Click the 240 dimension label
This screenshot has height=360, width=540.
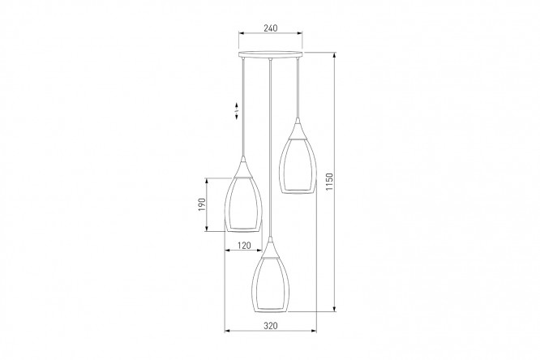(271, 28)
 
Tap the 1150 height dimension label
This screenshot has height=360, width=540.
(329, 182)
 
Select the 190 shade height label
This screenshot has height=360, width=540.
(202, 204)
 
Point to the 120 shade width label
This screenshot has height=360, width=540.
(244, 246)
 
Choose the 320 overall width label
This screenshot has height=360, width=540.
(271, 326)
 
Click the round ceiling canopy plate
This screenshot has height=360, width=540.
(271, 54)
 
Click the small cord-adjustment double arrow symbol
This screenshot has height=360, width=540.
(237, 111)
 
